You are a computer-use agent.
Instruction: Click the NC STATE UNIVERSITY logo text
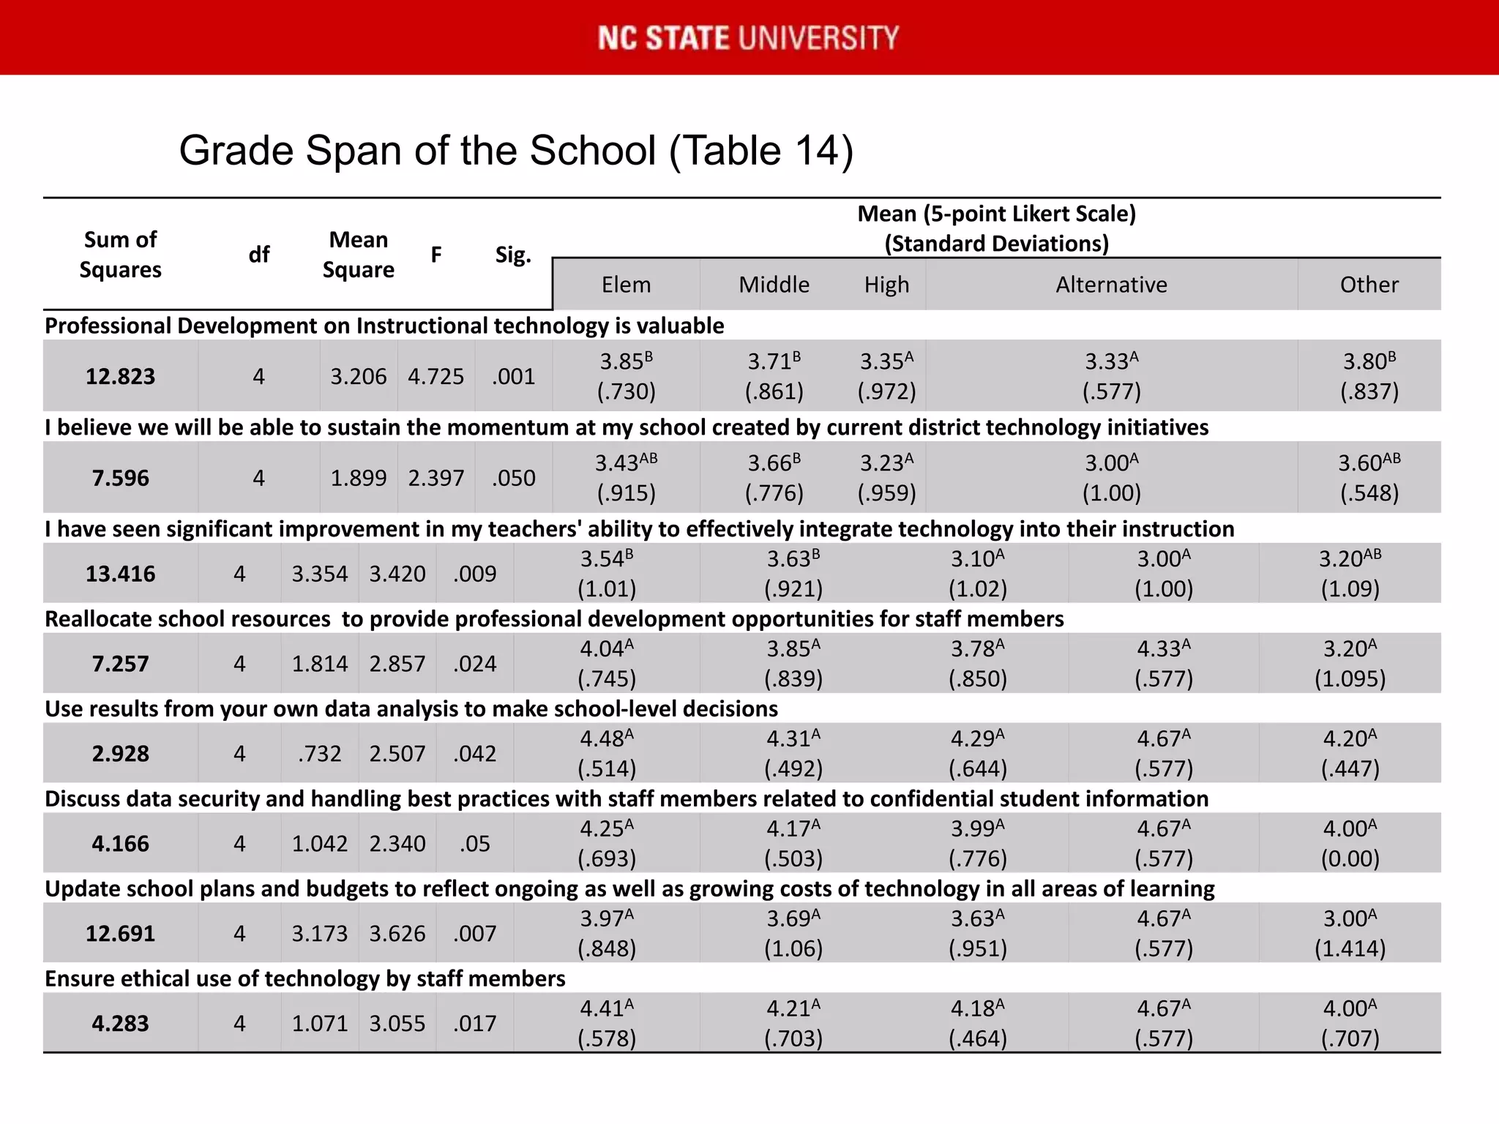click(x=748, y=38)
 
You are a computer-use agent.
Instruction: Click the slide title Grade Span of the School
click(x=516, y=151)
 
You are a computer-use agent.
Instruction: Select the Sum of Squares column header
click(x=120, y=254)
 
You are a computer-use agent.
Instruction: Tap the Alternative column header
click(x=1111, y=285)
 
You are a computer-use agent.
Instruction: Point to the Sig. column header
click(x=513, y=255)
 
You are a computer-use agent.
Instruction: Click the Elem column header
click(x=626, y=285)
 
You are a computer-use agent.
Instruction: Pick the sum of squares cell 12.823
click(x=120, y=376)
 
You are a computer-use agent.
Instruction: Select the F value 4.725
click(x=436, y=376)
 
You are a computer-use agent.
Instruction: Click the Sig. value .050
click(x=513, y=478)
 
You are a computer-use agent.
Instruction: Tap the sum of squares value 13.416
click(x=120, y=574)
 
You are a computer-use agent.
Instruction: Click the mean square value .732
click(x=320, y=754)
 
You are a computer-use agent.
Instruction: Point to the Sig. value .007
click(x=474, y=934)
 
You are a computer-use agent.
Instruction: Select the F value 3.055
click(x=397, y=1023)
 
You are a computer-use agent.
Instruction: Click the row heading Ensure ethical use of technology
click(x=304, y=978)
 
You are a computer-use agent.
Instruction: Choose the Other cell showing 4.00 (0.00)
click(x=1350, y=843)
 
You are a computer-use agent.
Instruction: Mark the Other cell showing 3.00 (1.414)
click(x=1350, y=933)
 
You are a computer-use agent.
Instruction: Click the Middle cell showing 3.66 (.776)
click(x=774, y=478)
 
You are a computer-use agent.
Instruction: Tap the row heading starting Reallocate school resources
click(x=553, y=619)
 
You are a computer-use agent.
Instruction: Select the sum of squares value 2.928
click(x=120, y=754)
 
